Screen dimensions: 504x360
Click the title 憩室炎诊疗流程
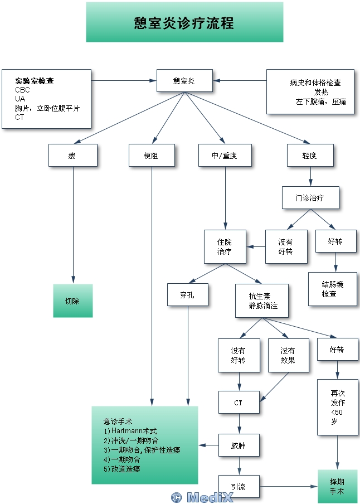184,22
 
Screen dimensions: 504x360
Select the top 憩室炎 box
184,81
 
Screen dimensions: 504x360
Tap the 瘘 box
72,156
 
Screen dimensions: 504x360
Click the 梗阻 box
151,156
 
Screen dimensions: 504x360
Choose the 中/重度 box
225,156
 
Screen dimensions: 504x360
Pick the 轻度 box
310,156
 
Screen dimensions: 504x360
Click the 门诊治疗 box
310,197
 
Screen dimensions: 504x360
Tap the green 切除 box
72,301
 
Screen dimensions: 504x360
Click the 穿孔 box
188,294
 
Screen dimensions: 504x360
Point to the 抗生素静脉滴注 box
261,301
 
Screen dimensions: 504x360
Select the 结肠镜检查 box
333,289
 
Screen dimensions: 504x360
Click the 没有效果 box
288,356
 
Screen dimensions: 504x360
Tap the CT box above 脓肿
239,402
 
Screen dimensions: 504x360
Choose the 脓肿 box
239,445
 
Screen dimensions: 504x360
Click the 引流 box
239,486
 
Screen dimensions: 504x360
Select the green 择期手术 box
337,486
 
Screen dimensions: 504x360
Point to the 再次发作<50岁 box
337,407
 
